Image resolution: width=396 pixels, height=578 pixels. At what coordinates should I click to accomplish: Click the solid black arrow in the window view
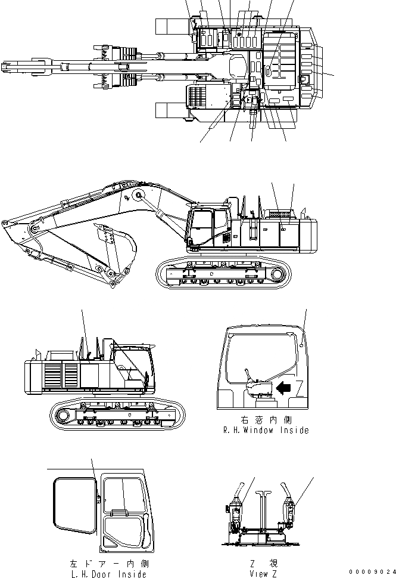click(284, 388)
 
